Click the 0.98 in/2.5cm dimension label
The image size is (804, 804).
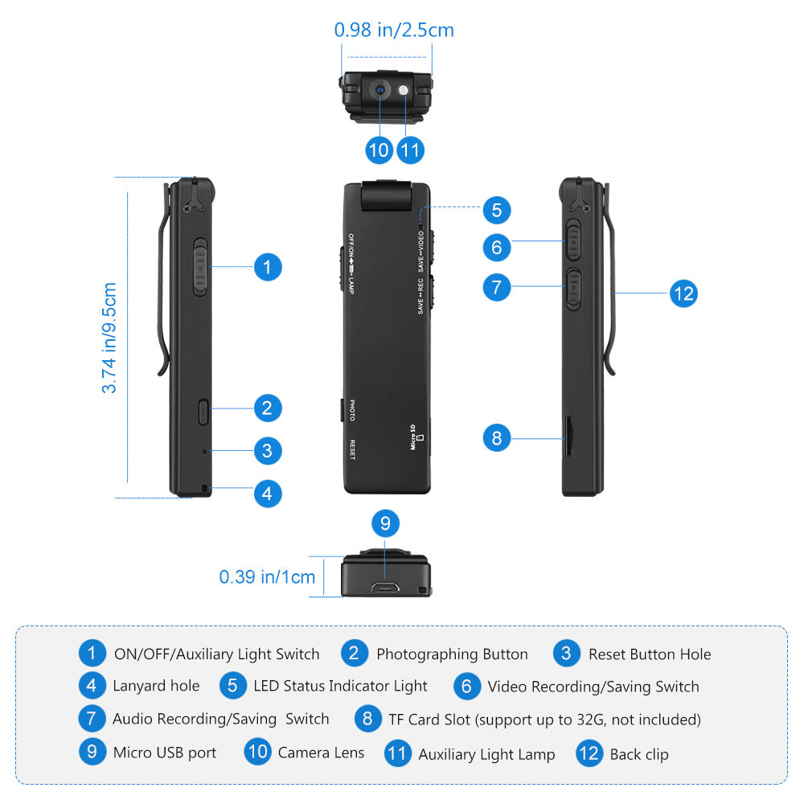394,31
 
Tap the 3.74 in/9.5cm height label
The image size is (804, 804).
109,338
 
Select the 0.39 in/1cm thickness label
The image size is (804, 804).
267,576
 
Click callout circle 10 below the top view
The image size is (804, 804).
379,150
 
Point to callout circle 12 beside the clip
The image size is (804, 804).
683,293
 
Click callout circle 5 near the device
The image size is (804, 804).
496,211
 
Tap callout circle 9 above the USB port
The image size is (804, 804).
385,524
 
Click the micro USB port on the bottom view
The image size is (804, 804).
386,589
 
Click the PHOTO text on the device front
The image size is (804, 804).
351,409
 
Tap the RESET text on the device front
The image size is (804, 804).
351,449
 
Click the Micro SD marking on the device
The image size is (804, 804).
415,438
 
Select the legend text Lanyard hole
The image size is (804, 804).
156,686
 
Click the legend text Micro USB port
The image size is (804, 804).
164,753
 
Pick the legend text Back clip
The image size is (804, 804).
639,754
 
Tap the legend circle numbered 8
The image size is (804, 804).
367,718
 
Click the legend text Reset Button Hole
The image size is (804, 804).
650,654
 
